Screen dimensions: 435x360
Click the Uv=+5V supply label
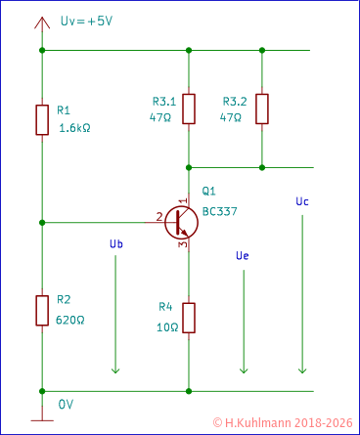pos(86,21)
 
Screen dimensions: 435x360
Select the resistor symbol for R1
pos(42,119)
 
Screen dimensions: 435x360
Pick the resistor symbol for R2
pos(42,310)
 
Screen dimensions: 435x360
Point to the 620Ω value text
pos(71,320)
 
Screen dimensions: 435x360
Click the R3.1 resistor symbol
pos(189,109)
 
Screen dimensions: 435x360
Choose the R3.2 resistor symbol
pos(261,109)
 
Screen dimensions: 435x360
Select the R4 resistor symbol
pos(189,318)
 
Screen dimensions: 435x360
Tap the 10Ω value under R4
pos(166,327)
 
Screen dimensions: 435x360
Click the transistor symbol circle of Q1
pos(182,222)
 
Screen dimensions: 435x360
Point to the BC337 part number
pos(219,211)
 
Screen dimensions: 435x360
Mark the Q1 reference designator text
pos(208,192)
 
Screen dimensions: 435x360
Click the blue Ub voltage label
pos(115,244)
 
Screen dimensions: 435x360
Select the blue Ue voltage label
pos(243,255)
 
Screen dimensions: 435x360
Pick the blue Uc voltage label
pos(302,200)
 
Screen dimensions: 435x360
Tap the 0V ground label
pos(66,404)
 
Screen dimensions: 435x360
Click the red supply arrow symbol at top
pos(42,23)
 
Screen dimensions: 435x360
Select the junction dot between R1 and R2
pos(42,222)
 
